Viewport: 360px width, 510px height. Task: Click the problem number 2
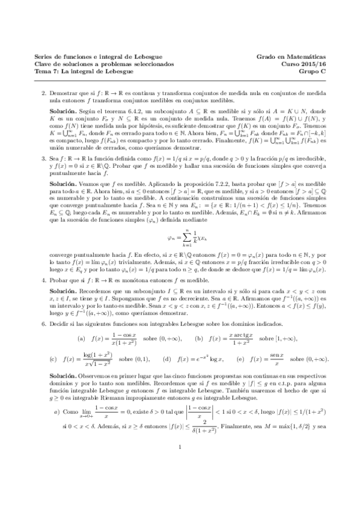tap(43, 94)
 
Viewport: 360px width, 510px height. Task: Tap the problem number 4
tap(43, 281)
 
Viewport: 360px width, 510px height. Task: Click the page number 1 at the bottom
tap(180, 479)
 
